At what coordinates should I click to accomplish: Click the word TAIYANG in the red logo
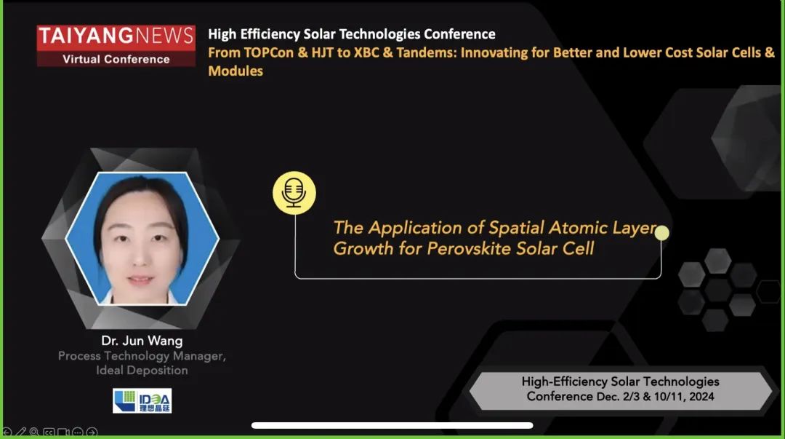pyautogui.click(x=86, y=36)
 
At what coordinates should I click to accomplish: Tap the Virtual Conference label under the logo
pyautogui.click(x=116, y=59)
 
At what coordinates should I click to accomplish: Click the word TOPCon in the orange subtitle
pyautogui.click(x=269, y=52)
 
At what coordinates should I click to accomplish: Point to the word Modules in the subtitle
pyautogui.click(x=235, y=71)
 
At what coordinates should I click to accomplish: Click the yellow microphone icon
pyautogui.click(x=294, y=193)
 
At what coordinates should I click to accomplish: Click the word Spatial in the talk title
pyautogui.click(x=516, y=228)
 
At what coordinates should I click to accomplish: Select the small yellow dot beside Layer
pyautogui.click(x=662, y=233)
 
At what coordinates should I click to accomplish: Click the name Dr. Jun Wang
pyautogui.click(x=142, y=341)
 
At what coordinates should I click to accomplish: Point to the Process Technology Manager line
pyautogui.click(x=142, y=356)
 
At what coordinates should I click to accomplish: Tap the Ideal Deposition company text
pyautogui.click(x=142, y=371)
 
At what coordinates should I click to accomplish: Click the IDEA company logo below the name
pyautogui.click(x=142, y=400)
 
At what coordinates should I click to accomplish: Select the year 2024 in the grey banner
pyautogui.click(x=701, y=396)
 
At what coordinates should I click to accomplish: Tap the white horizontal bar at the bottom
pyautogui.click(x=392, y=425)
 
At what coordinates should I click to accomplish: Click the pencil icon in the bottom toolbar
pyautogui.click(x=21, y=432)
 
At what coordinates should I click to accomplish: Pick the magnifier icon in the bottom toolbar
pyautogui.click(x=35, y=432)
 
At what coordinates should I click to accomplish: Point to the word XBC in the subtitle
pyautogui.click(x=366, y=52)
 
